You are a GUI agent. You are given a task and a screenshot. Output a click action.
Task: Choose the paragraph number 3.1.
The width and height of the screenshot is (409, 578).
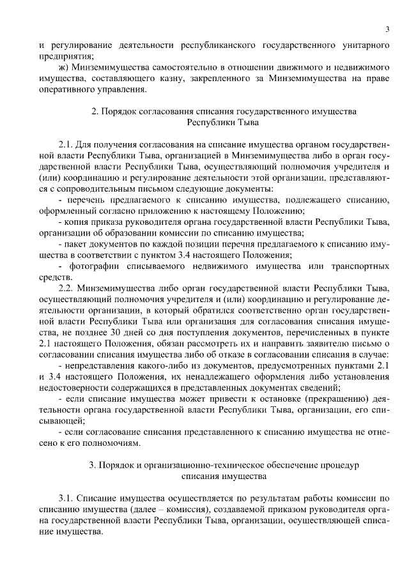click(x=66, y=496)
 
